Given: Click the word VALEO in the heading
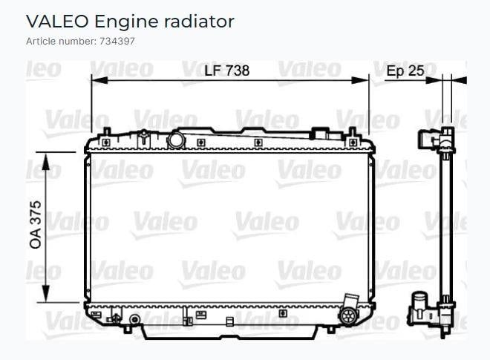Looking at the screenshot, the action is tap(57, 22).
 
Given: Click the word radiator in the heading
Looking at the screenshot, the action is tap(199, 22).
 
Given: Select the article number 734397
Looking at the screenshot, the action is tap(117, 42).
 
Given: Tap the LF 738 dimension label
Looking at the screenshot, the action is tap(227, 71).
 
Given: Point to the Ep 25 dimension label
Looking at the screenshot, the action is tap(405, 71).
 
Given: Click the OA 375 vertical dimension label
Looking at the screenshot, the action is tap(36, 225).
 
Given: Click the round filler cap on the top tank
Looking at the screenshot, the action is tap(177, 140).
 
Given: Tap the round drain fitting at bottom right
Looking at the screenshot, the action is tap(348, 315).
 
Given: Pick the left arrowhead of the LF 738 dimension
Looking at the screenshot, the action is tap(99, 80).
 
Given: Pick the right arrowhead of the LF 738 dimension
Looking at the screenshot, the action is tap(360, 80).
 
